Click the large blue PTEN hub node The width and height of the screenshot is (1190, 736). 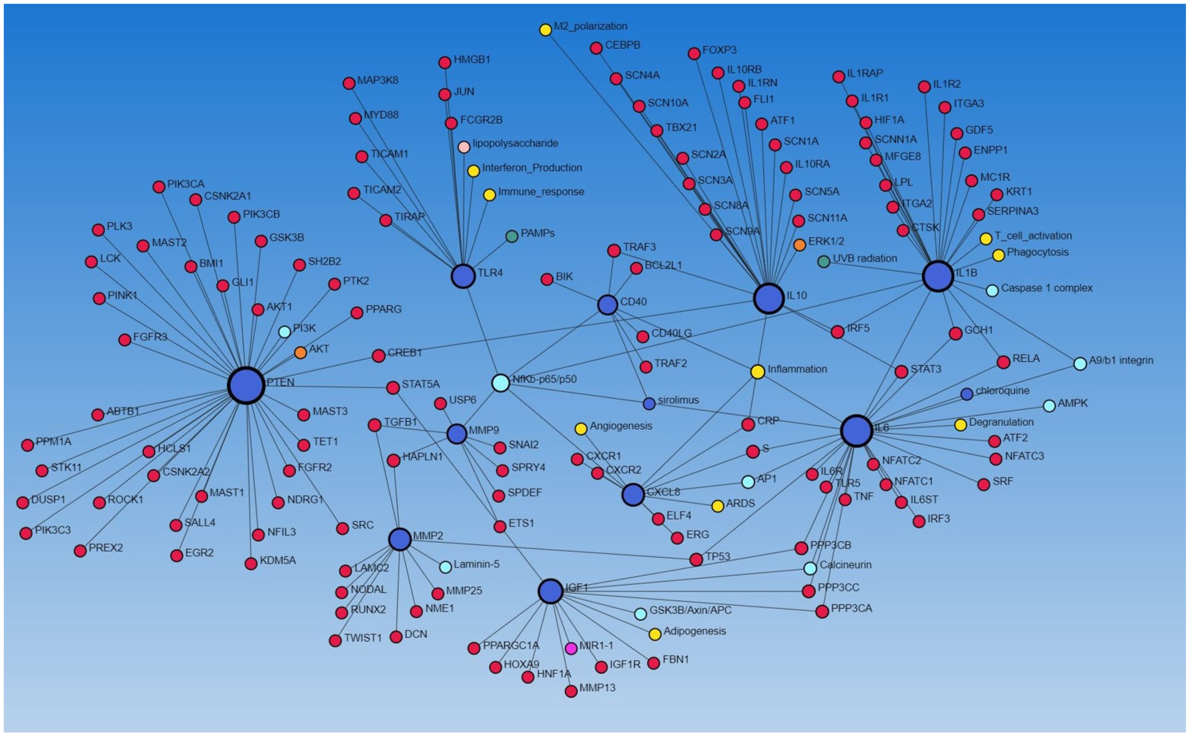click(246, 385)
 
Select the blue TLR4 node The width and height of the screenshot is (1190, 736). click(463, 276)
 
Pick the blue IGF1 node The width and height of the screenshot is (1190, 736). click(551, 591)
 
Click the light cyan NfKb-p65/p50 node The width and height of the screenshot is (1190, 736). click(501, 383)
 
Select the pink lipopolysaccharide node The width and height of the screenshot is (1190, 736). click(464, 147)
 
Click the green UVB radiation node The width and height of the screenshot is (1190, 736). click(823, 261)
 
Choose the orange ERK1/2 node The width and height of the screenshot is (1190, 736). click(800, 245)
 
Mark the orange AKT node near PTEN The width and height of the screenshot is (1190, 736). click(300, 352)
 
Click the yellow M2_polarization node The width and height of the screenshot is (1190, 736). click(545, 30)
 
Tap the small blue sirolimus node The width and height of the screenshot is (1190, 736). click(649, 403)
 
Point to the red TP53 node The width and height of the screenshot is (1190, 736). click(696, 559)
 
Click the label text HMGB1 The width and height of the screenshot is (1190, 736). click(471, 59)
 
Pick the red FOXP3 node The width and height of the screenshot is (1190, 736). click(694, 53)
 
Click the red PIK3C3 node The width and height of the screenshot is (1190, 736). click(26, 533)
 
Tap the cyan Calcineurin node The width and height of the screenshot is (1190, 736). click(810, 568)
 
